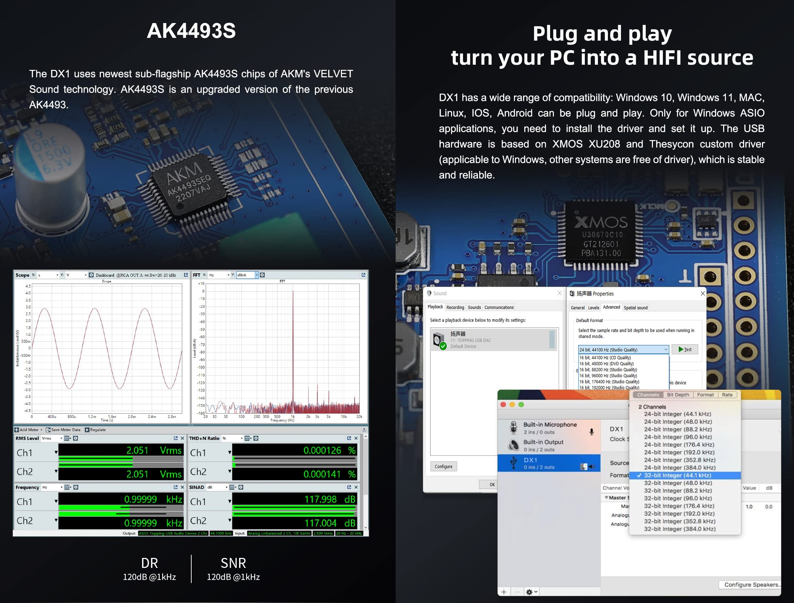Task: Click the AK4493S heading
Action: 191,31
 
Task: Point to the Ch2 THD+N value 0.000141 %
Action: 329,474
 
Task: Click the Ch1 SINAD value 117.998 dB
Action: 329,499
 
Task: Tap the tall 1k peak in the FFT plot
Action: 293,345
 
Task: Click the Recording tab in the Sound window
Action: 455,307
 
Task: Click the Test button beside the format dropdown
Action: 685,349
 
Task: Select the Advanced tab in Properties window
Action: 611,307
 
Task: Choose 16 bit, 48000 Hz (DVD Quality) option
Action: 606,363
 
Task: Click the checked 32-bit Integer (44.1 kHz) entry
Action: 677,475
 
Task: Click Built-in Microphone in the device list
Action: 549,428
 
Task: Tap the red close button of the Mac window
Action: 503,405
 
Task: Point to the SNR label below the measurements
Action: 233,563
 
